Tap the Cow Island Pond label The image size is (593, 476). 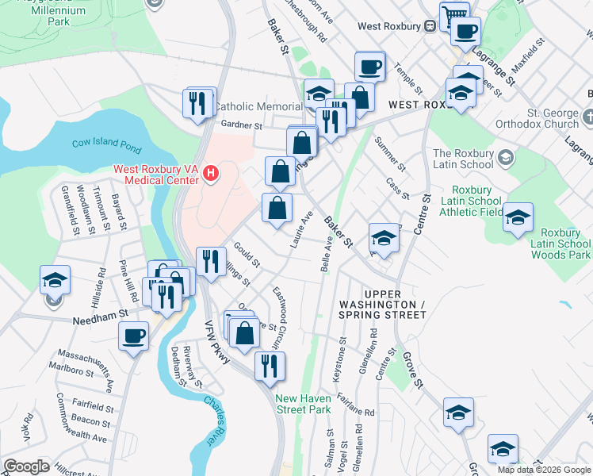[x=106, y=144]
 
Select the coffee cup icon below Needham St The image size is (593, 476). [x=133, y=335]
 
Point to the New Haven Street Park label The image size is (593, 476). [x=302, y=404]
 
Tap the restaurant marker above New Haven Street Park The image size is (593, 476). [x=270, y=365]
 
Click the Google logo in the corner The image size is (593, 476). [x=26, y=466]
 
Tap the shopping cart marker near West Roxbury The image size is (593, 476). [x=454, y=14]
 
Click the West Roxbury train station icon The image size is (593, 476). [x=429, y=25]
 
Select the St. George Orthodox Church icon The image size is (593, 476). [x=586, y=117]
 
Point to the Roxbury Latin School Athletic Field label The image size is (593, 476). [x=476, y=202]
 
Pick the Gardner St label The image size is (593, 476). [x=241, y=125]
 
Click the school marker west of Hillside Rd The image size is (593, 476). [x=55, y=279]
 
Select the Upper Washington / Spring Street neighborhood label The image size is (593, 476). [x=377, y=309]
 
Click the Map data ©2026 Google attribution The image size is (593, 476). [x=544, y=470]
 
